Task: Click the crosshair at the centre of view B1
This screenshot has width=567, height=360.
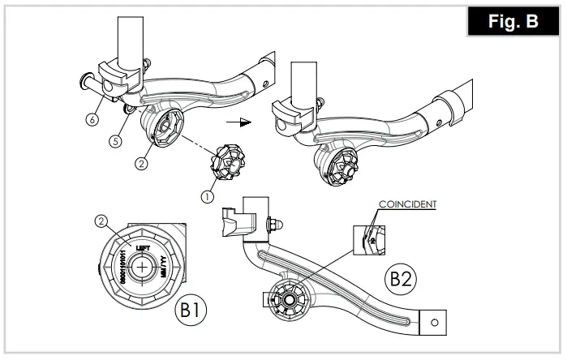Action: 143,267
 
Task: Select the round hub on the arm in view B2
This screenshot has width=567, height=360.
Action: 289,298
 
